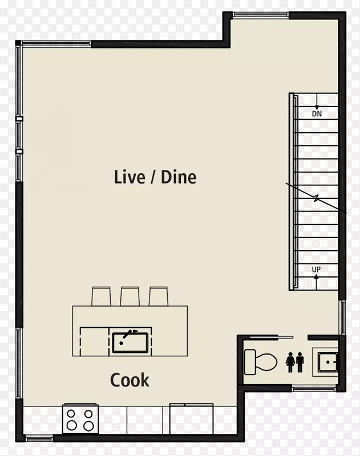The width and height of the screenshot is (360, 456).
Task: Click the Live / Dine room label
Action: (155, 177)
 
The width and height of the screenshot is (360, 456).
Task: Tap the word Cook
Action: (130, 380)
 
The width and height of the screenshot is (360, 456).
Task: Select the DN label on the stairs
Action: (317, 113)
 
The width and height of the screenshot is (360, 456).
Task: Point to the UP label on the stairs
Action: (316, 270)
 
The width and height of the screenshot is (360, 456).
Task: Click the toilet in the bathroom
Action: (260, 362)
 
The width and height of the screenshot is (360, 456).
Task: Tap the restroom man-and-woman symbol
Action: (296, 363)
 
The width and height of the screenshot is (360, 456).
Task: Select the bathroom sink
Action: (327, 362)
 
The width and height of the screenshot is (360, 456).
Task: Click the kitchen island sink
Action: (131, 343)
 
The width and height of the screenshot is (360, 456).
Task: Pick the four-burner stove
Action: (80, 419)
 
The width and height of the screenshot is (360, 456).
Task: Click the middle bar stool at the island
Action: (130, 296)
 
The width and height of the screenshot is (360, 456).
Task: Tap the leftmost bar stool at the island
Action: (102, 296)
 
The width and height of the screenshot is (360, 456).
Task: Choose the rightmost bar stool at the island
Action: (158, 296)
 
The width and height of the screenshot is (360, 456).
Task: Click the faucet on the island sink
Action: (128, 336)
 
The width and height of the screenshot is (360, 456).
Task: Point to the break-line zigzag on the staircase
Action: (316, 198)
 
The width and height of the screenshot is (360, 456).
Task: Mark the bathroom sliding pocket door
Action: (272, 337)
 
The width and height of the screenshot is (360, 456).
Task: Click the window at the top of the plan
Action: (261, 15)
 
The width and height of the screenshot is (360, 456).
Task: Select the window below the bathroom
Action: (314, 388)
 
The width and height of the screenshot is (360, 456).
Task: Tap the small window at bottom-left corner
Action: (39, 438)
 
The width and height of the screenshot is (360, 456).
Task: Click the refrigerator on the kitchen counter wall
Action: (192, 419)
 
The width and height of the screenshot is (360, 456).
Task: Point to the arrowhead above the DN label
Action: (317, 108)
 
